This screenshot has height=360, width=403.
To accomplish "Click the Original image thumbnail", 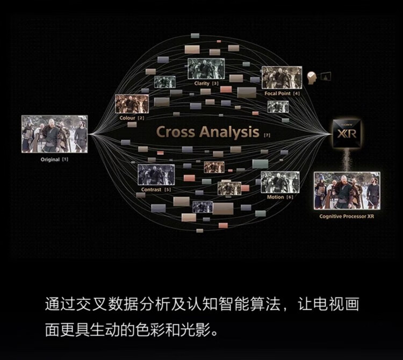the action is tap(54, 133).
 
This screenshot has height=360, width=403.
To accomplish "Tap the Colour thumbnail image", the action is tap(132, 104).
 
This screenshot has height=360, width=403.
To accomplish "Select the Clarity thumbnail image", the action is tap(206, 69).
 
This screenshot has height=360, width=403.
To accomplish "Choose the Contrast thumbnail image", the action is tap(156, 175).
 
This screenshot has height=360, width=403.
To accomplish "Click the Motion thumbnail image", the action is tap(280, 182).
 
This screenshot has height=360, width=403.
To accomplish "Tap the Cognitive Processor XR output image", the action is tap(347, 191).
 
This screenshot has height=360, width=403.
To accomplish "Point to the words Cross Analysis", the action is tap(207, 132).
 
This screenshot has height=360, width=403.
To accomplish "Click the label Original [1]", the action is tap(54, 160).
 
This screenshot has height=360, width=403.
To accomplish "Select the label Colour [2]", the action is tap(132, 118).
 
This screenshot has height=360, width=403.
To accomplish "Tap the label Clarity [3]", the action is tap(206, 84).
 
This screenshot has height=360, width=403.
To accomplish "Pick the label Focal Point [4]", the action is tap(282, 93).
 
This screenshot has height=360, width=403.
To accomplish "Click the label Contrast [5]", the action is tap(156, 190).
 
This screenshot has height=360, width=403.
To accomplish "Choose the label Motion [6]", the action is tap(280, 197).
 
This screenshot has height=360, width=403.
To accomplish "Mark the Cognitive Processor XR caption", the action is tap(347, 216).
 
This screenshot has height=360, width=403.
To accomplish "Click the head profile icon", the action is tap(311, 78).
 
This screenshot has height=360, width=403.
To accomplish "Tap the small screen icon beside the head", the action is tap(325, 77).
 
